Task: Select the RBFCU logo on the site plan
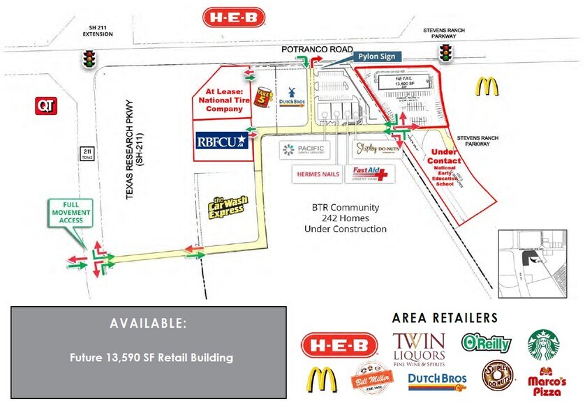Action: (222, 141)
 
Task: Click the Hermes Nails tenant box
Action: (317, 174)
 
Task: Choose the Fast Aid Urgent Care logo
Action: (370, 174)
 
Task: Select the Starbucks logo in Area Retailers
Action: (543, 343)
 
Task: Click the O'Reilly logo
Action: (486, 343)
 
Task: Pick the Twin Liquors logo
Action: (419, 344)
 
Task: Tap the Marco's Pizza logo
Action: (547, 381)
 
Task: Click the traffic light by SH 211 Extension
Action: (89, 59)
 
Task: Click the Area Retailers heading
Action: (445, 318)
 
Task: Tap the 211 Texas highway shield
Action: (87, 154)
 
